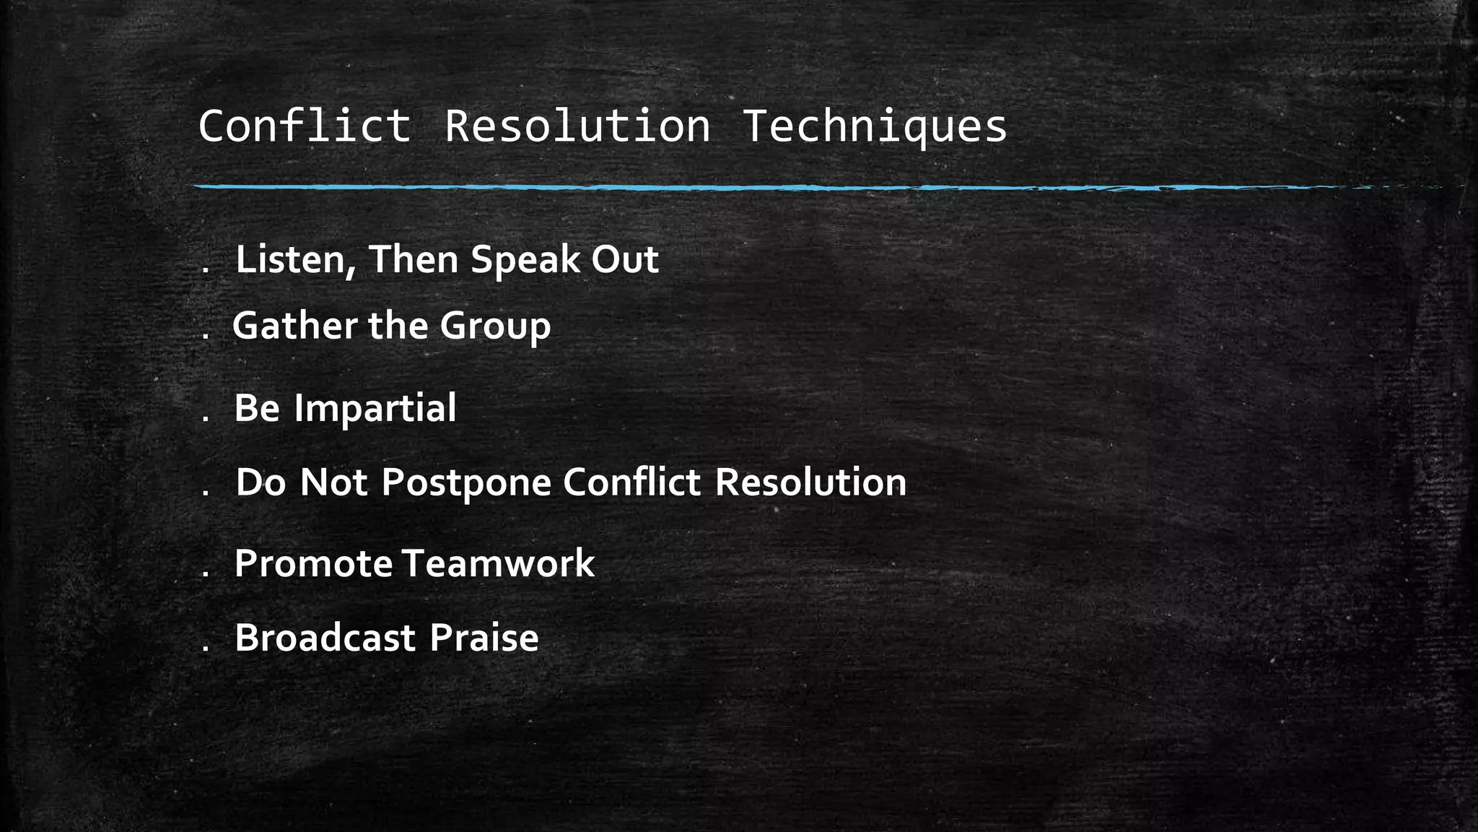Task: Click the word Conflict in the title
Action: click(305, 126)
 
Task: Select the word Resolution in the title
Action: click(577, 126)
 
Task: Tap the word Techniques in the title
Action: click(874, 128)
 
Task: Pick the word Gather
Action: click(294, 326)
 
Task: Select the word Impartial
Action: click(375, 409)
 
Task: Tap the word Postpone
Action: click(466, 483)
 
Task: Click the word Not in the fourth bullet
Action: click(333, 482)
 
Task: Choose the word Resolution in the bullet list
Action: click(810, 482)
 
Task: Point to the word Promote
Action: click(313, 564)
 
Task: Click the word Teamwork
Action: click(499, 563)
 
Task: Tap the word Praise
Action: click(484, 638)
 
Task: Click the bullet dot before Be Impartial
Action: click(206, 419)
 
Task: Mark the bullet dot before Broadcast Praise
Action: click(206, 649)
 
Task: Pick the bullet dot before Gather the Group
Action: click(206, 337)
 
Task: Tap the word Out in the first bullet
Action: click(625, 259)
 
